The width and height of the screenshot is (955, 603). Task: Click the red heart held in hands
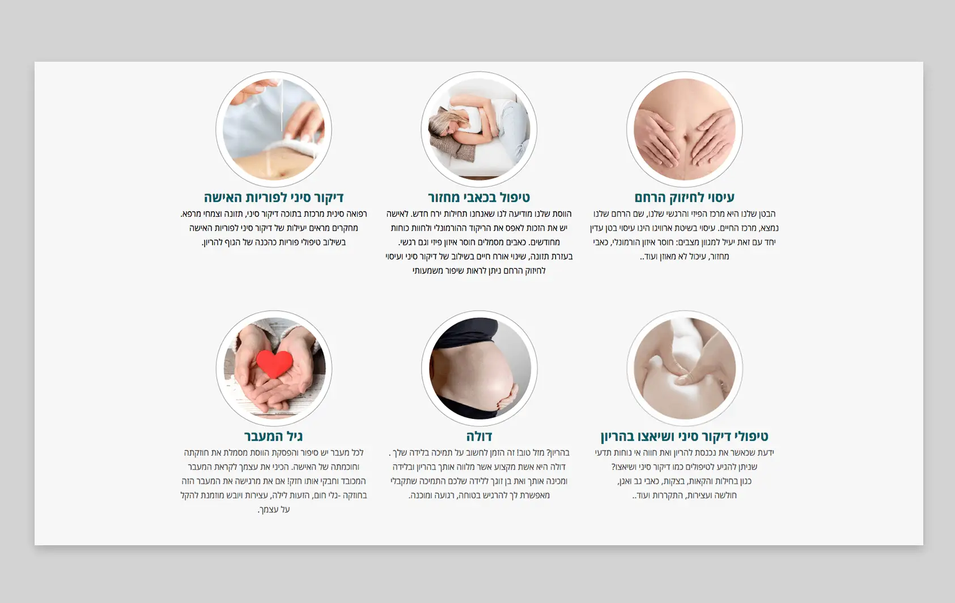274,363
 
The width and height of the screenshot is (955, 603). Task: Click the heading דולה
479,437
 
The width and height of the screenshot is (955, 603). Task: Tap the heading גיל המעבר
274,437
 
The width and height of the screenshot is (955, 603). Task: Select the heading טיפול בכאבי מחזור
479,198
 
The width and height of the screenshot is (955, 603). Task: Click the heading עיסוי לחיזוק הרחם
684,198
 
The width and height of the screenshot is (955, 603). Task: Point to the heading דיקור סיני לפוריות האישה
274,198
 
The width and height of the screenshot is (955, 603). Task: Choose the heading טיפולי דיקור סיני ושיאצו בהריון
684,437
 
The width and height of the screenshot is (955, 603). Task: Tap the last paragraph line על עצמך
274,510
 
